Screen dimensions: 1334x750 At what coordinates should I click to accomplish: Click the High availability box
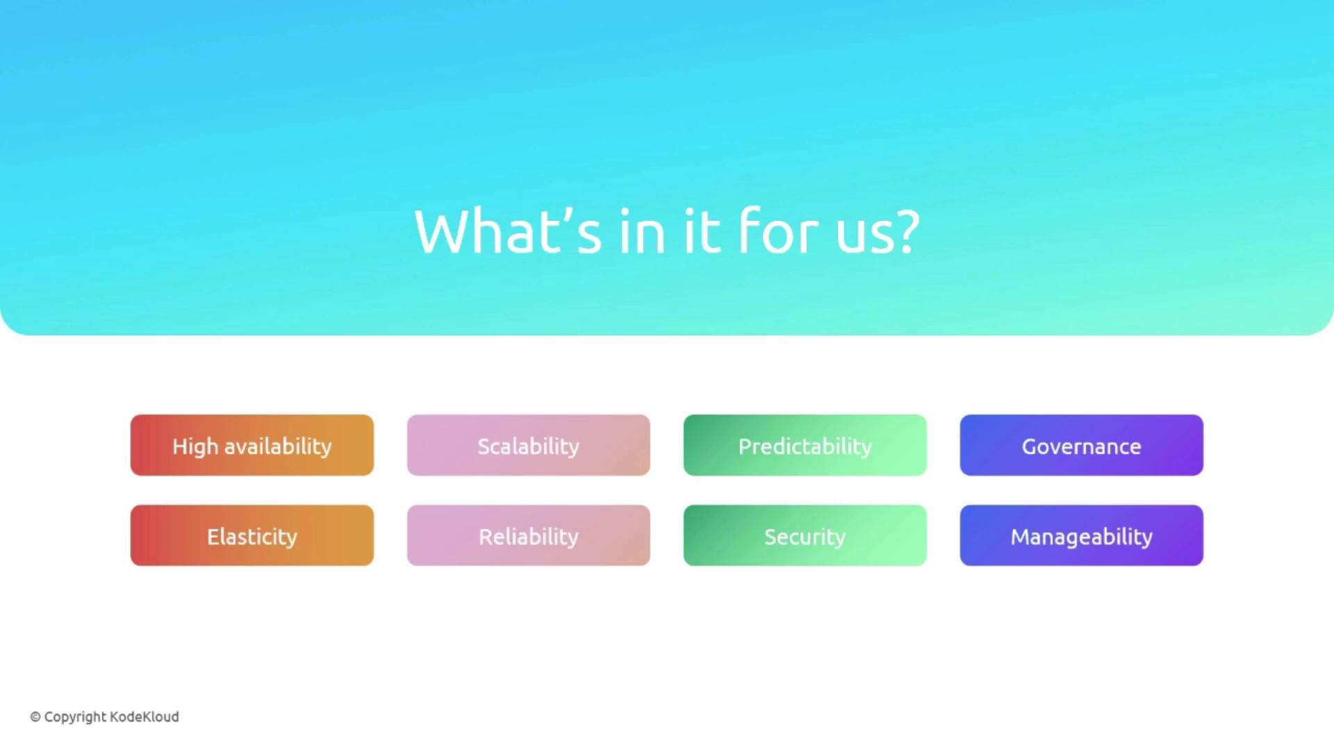[252, 445]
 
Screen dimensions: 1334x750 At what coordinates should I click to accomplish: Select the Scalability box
[529, 445]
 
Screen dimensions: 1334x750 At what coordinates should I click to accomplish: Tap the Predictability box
[805, 445]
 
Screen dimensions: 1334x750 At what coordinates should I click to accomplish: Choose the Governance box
[1082, 445]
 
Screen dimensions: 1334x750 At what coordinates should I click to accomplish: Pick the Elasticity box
[252, 535]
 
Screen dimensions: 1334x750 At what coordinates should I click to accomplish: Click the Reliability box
[529, 535]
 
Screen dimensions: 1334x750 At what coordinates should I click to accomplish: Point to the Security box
[805, 535]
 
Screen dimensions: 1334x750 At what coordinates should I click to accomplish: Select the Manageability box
[1082, 535]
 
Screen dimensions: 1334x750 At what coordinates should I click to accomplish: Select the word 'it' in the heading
[702, 231]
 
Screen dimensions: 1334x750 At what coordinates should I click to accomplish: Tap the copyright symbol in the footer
[35, 717]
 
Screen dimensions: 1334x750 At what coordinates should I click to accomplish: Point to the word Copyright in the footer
[76, 717]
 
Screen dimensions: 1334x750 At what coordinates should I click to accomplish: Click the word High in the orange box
[195, 447]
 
